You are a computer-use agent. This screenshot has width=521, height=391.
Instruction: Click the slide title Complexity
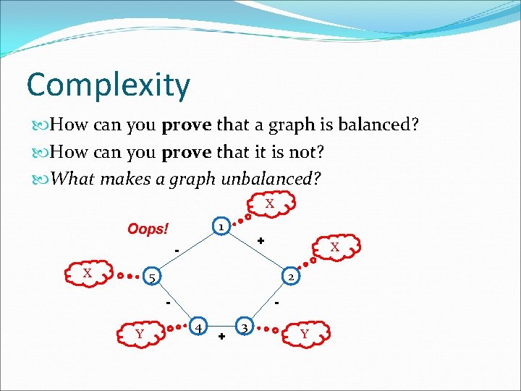tap(108, 85)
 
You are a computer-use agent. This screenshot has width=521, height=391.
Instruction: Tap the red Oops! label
tap(148, 230)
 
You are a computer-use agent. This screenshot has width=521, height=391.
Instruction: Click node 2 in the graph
tap(290, 277)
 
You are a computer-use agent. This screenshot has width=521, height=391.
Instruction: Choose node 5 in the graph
tap(151, 277)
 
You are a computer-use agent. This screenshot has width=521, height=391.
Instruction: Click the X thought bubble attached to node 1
tap(269, 204)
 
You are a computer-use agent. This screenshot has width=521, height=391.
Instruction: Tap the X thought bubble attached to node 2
tap(334, 248)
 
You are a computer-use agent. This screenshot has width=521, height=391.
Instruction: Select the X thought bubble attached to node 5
tap(87, 273)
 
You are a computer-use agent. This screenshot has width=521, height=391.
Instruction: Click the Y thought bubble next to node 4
tap(139, 334)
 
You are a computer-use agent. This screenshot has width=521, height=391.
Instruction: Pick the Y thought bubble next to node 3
tap(304, 334)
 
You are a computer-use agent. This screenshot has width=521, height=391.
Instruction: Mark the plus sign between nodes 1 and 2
tap(260, 240)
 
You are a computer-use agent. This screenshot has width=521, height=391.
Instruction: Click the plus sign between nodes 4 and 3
tap(221, 337)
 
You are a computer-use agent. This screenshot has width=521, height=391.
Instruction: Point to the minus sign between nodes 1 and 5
tap(176, 251)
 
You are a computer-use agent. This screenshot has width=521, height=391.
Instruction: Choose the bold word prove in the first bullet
tap(186, 125)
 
